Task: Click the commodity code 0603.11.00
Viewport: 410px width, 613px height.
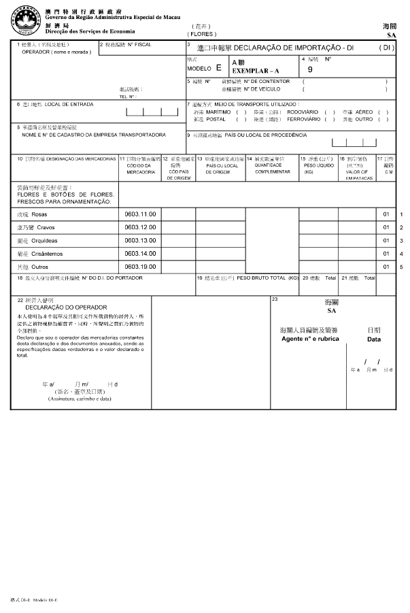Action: [x=141, y=214]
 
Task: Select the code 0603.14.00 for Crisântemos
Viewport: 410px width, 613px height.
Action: [x=141, y=253]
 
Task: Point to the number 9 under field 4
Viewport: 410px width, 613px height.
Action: [x=311, y=69]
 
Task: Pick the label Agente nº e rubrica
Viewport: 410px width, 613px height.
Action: [x=309, y=338]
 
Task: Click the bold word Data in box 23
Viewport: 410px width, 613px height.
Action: [x=374, y=339]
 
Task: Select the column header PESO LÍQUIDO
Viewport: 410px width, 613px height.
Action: [x=313, y=165]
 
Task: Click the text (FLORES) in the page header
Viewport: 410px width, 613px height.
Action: [x=203, y=34]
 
